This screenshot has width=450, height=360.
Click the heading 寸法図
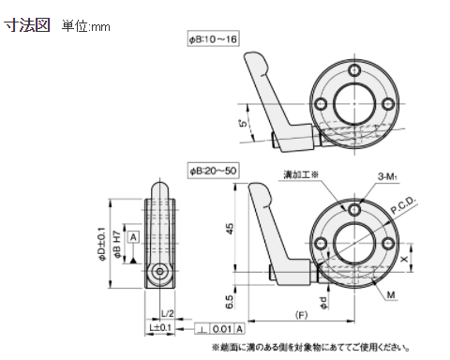click(x=28, y=25)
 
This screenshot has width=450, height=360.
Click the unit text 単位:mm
click(x=86, y=26)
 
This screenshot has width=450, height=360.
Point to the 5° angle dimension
click(x=242, y=122)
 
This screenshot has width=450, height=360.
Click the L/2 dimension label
click(x=167, y=311)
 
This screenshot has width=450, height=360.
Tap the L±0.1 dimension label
click(x=159, y=327)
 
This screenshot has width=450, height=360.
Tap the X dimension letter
click(x=405, y=253)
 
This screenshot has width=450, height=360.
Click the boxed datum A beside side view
click(x=133, y=237)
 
